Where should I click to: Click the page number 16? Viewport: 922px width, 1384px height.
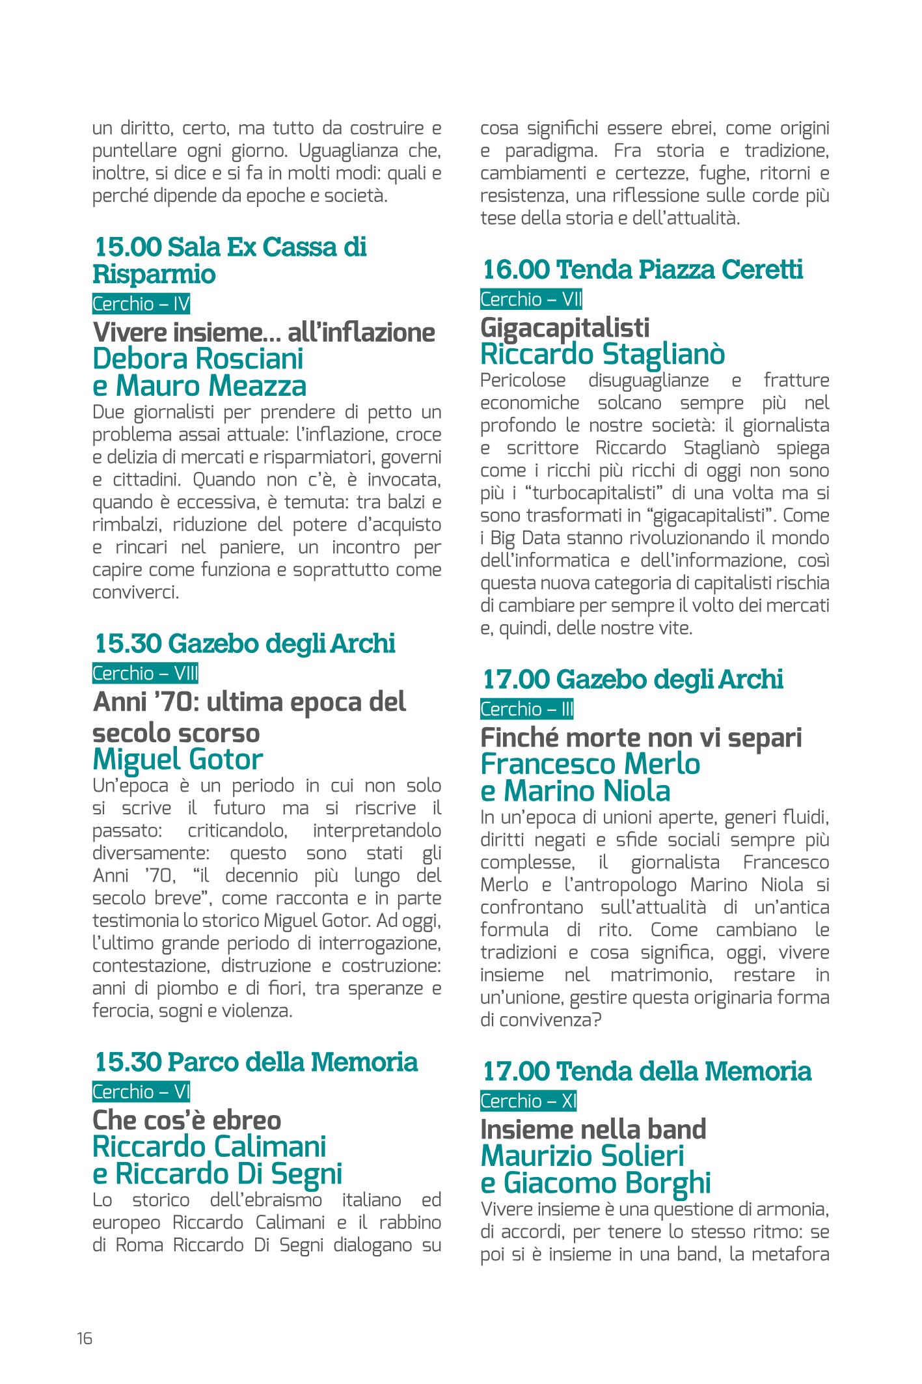tap(85, 1338)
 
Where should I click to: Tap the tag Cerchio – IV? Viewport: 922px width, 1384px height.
tap(141, 304)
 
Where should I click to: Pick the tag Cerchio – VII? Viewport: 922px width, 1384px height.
tap(531, 299)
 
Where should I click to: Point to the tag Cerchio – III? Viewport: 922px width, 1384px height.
tap(527, 709)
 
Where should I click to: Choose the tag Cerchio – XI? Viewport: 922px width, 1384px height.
tap(528, 1101)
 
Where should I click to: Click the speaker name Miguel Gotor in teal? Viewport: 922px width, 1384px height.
tap(178, 759)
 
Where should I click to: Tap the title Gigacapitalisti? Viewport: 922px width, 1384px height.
tap(565, 327)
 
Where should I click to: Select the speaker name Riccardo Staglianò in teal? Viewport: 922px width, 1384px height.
tap(603, 355)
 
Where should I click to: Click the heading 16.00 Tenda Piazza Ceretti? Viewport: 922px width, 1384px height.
tap(643, 270)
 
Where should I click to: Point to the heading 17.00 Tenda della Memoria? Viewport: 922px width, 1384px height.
tap(647, 1071)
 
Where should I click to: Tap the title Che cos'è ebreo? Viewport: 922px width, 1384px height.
tap(187, 1120)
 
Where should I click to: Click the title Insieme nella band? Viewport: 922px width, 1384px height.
tap(593, 1129)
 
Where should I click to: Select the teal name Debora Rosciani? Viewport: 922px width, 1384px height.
tap(198, 359)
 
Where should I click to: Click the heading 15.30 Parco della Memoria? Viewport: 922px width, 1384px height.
tap(256, 1062)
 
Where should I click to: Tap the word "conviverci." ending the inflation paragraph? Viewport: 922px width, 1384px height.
tap(135, 593)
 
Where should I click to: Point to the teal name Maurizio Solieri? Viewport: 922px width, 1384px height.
tap(582, 1157)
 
